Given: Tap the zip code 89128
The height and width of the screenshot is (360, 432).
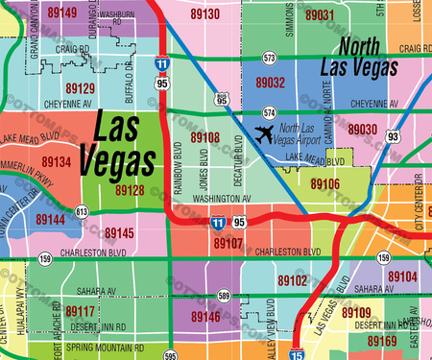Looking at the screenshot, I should [x=131, y=191].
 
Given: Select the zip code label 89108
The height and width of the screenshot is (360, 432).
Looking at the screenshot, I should [x=205, y=138].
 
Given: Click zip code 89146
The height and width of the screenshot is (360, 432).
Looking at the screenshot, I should [x=205, y=314].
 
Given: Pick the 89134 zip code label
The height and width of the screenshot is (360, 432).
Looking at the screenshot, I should [x=57, y=163].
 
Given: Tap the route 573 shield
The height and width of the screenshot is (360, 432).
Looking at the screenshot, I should [x=270, y=59].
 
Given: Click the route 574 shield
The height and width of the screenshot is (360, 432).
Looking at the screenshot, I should [x=270, y=112].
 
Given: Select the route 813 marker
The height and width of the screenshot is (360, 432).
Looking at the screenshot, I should [x=82, y=211].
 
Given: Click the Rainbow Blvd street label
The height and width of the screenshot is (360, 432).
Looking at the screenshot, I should [x=179, y=164].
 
